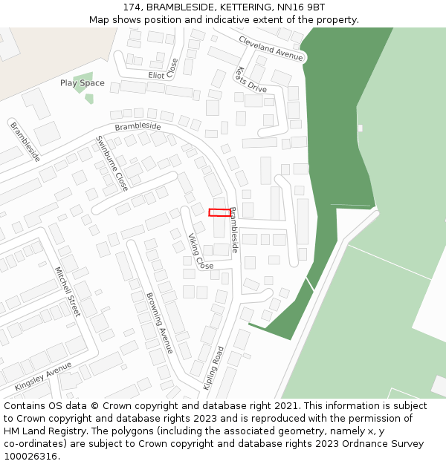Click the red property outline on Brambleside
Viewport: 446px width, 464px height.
219,212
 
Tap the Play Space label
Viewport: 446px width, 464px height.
82,83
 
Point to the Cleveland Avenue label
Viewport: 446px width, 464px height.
271,48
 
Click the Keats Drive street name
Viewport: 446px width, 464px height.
250,80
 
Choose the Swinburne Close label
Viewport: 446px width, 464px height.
112,163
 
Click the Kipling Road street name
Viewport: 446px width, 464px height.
213,367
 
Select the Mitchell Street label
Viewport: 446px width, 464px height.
68,292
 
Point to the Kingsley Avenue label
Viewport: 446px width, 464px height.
43,376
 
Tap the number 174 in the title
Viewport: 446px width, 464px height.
133,7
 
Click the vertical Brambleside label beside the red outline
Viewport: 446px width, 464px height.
233,230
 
